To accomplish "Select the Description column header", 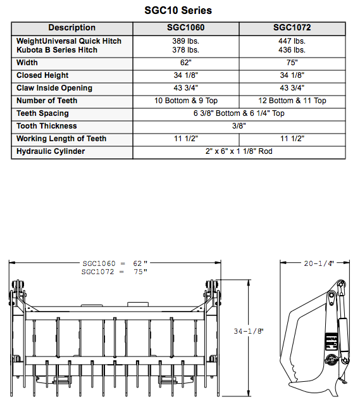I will (x=72, y=28).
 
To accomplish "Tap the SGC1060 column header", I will (x=186, y=28).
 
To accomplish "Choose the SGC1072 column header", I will (x=292, y=28).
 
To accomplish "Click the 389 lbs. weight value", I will (x=186, y=41).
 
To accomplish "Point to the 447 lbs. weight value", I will (x=292, y=41).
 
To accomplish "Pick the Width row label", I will (x=27, y=63).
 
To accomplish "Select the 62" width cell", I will (x=186, y=63).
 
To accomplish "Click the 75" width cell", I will (x=292, y=63).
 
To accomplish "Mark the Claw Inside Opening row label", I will (x=54, y=88).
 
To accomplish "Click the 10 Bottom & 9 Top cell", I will (x=186, y=101).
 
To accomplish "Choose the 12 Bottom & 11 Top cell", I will (x=292, y=101).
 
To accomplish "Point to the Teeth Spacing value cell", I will (x=239, y=113).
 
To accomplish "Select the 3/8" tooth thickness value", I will (x=239, y=126).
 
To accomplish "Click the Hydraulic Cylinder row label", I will (x=51, y=151).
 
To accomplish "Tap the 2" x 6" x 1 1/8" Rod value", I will (x=239, y=151).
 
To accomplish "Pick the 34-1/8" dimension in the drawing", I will (x=248, y=331).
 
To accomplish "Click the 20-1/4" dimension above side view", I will (x=318, y=263).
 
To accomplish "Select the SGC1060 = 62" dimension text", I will (x=115, y=263).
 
